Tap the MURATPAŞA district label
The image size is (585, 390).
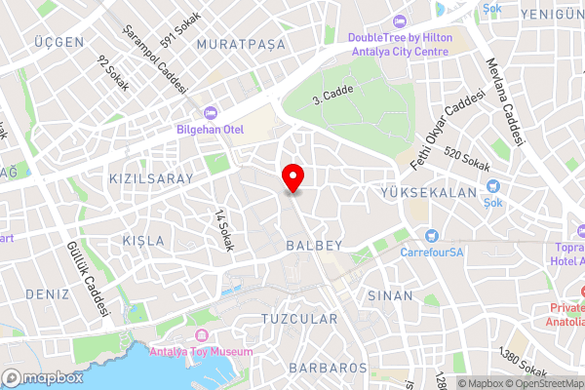[x=241, y=45]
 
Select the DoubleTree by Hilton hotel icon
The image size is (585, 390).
[x=398, y=22]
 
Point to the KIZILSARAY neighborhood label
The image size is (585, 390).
[x=151, y=178]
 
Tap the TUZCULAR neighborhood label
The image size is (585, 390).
[x=299, y=319]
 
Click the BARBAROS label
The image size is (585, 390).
[x=328, y=369]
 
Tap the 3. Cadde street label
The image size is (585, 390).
[x=331, y=95]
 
